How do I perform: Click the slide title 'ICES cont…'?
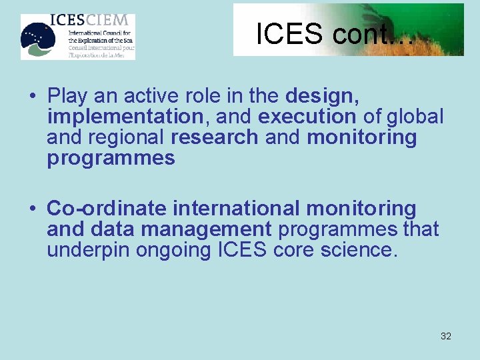[334, 34]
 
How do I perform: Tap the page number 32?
[446, 336]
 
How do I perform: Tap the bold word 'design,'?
[323, 97]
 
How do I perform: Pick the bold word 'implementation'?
[125, 117]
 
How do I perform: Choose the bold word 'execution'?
[307, 117]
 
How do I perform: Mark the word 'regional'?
[125, 137]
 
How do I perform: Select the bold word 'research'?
[215, 137]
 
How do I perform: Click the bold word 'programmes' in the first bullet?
[111, 158]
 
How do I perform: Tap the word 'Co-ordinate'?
[107, 209]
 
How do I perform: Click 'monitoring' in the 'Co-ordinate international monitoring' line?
[361, 209]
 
